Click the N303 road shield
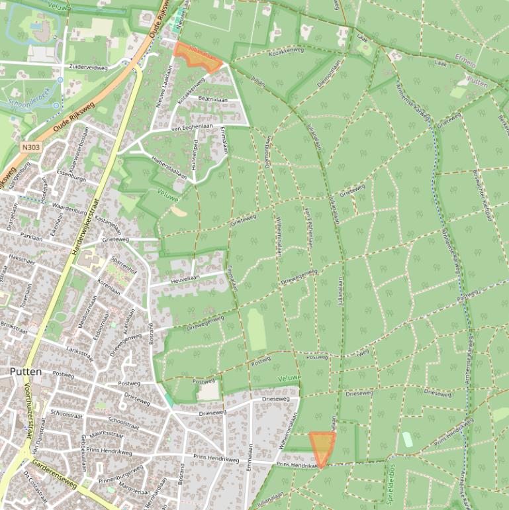click(x=28, y=148)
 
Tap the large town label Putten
click(x=25, y=372)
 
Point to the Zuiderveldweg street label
click(x=87, y=67)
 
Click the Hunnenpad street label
click(x=195, y=154)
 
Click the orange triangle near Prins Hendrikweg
click(x=322, y=447)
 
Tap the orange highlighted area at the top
click(x=197, y=57)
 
